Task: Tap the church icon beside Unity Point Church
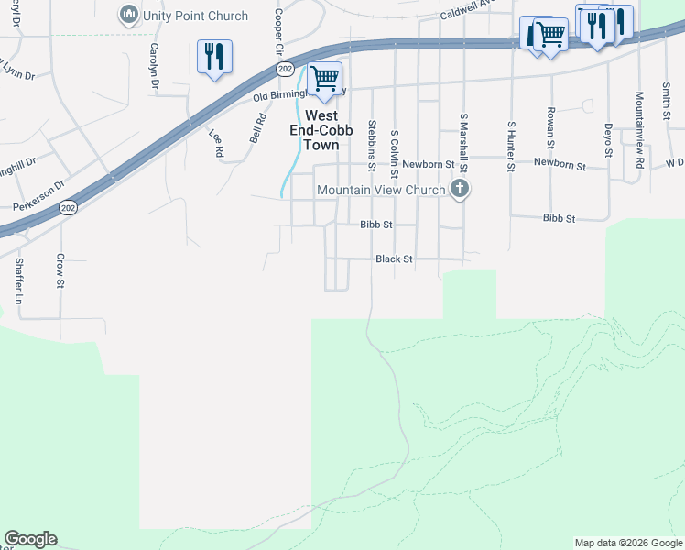click(x=128, y=16)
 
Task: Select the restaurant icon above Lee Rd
click(x=214, y=57)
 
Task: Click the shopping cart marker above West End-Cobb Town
click(x=324, y=79)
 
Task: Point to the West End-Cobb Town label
click(x=321, y=130)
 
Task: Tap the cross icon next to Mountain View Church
click(x=460, y=190)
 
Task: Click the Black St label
click(x=394, y=259)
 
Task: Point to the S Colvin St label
click(x=395, y=149)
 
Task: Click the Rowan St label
click(x=550, y=130)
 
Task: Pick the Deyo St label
click(x=607, y=139)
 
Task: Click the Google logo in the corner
click(x=30, y=539)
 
